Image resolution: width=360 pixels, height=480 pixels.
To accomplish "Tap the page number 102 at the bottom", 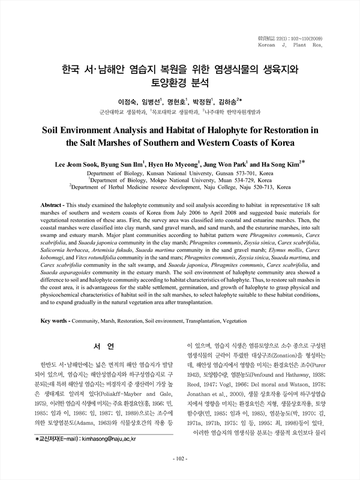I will pos(180,460).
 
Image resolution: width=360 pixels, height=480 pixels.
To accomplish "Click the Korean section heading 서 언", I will pos(96,347).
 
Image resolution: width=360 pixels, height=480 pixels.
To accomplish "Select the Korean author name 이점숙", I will pos(128,102).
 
